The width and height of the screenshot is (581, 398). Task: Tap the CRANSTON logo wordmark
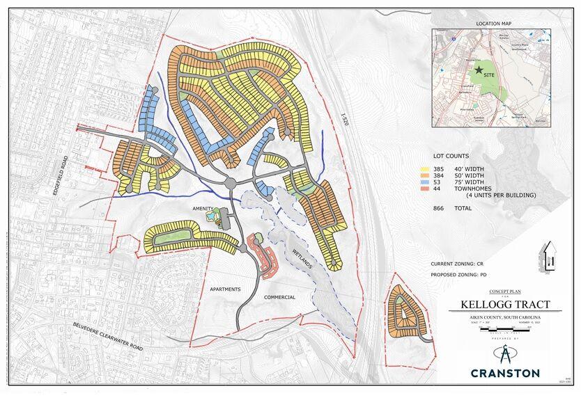coord(505,372)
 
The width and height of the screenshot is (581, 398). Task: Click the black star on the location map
coord(478,70)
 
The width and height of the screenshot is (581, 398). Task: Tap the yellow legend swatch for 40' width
coord(423,169)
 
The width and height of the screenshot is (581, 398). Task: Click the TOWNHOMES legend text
coord(476,189)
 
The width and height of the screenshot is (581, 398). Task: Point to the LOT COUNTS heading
coord(449,156)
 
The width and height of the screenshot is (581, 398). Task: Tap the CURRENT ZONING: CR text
coord(464,264)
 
